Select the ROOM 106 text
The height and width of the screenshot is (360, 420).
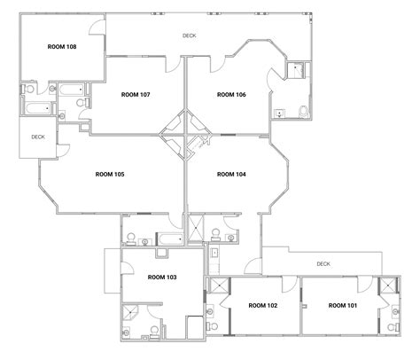coord(231,94)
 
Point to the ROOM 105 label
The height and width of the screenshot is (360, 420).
coord(109,175)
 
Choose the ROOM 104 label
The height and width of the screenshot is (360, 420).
coord(231,175)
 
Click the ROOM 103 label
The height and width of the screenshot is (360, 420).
coord(162,278)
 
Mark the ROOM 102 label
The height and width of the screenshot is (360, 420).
coord(263,306)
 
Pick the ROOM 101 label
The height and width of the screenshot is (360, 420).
coord(343,306)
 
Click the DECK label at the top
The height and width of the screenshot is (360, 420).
coord(189,35)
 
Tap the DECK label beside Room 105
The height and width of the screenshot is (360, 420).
coord(38,137)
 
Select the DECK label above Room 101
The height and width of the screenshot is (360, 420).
coord(323,263)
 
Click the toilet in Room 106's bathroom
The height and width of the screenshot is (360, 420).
coord(304,111)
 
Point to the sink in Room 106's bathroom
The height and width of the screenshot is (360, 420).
coord(279,112)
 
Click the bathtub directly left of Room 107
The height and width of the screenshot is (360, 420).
coord(68,90)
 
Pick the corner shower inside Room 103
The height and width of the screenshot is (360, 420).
coord(133,310)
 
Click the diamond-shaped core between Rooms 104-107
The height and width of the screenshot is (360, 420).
coord(183,134)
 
